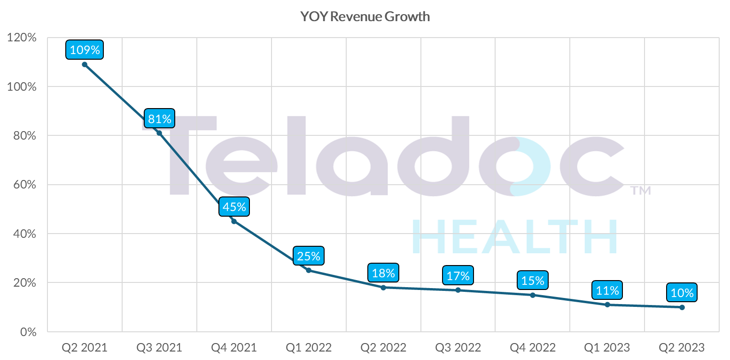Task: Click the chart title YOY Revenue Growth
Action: coord(365,17)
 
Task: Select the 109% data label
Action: coord(85,50)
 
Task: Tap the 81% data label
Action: coord(160,118)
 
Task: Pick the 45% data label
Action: coord(234,207)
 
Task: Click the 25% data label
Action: coord(309,256)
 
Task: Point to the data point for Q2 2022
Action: coord(383,288)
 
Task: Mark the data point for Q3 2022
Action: coord(458,290)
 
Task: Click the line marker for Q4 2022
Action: coord(533,295)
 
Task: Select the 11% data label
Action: coord(607,290)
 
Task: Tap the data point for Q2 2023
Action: coord(682,307)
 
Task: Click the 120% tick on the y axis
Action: coord(22,38)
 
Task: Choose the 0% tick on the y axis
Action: coord(27,332)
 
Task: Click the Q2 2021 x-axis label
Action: coord(85,348)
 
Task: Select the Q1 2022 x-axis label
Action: coord(309,348)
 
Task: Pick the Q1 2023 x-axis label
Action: coord(607,348)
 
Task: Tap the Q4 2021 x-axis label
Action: coord(234,348)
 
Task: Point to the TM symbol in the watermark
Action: coord(640,191)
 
